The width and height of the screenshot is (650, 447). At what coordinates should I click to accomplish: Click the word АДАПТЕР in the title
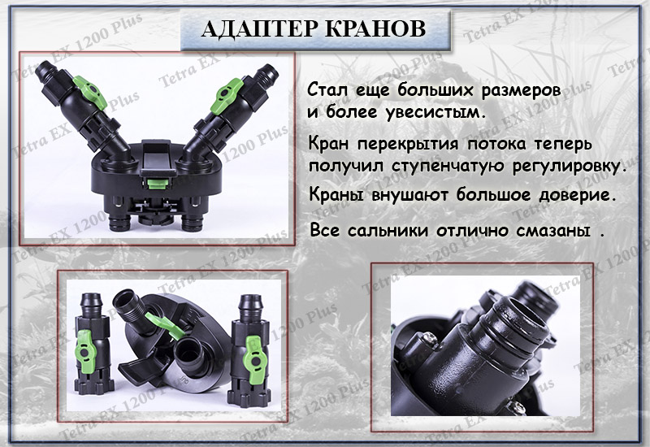pos(260,29)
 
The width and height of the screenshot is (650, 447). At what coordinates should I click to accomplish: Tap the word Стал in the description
pos(328,89)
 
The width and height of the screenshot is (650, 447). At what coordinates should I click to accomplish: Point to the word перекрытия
pos(409,145)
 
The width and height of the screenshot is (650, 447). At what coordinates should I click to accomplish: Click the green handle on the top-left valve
pos(89,92)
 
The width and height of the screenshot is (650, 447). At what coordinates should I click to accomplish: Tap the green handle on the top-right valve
pos(227,96)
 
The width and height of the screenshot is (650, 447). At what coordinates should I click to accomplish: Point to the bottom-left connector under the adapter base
pos(119,223)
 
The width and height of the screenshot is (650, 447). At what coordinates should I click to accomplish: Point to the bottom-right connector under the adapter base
pos(192,223)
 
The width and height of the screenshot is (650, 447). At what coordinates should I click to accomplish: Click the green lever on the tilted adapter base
pos(163,323)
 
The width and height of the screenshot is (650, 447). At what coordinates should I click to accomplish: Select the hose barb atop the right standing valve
pos(250,305)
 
